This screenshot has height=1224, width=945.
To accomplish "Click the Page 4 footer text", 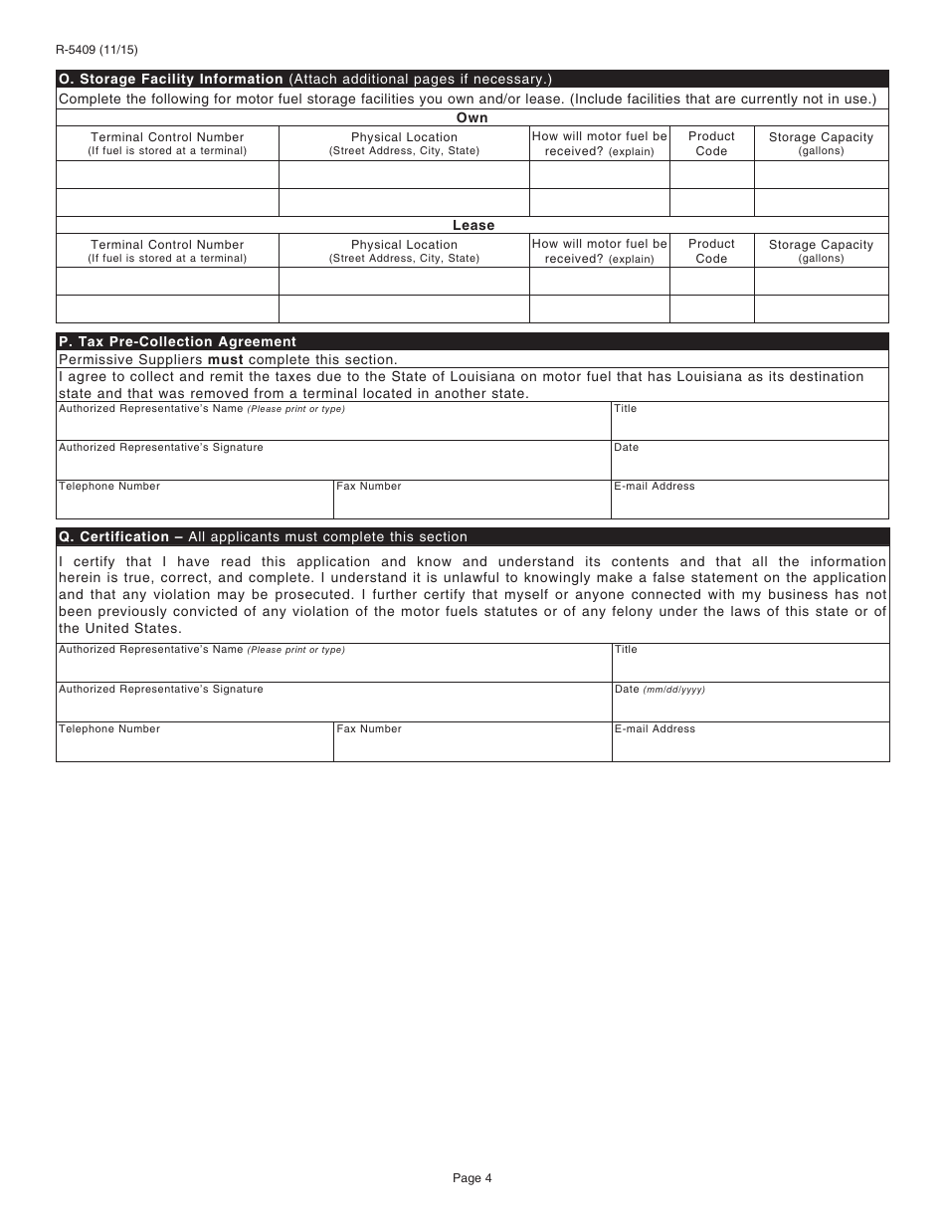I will (x=472, y=1179).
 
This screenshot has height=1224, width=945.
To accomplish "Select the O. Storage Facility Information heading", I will (x=171, y=79).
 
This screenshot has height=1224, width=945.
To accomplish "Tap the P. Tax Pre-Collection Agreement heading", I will (x=177, y=341).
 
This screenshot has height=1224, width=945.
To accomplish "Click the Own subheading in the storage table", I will (x=472, y=117).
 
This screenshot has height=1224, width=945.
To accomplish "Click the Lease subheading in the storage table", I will (x=472, y=225).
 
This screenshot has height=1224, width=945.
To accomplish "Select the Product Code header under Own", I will (x=711, y=143).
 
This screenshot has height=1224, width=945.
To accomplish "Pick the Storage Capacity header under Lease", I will (x=821, y=251).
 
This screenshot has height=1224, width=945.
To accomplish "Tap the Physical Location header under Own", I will (x=404, y=143).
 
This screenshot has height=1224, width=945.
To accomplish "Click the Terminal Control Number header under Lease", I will (x=167, y=251).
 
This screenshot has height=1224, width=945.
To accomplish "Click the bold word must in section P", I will (x=225, y=360).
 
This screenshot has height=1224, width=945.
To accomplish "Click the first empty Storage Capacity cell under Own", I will (x=821, y=175).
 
